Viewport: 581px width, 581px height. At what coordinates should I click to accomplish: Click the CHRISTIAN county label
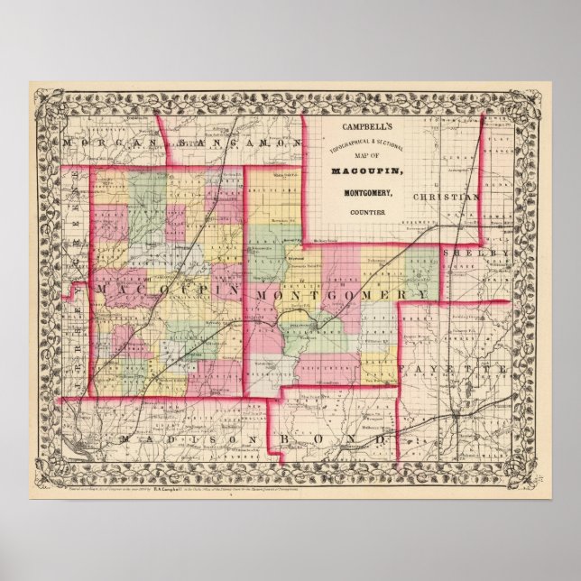(x=446, y=196)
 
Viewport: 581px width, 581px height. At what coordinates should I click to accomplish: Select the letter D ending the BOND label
(x=383, y=439)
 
